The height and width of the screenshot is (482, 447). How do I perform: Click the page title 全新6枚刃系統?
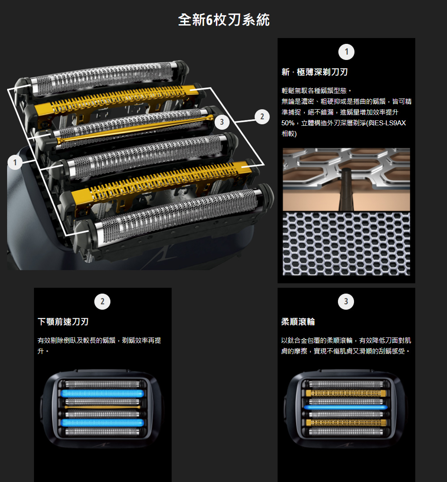[x=224, y=20]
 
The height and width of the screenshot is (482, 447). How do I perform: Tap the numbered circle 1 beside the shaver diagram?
[x=15, y=162]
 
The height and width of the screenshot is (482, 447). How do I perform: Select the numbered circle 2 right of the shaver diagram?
[x=262, y=117]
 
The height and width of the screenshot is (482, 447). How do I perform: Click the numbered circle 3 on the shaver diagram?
[x=222, y=122]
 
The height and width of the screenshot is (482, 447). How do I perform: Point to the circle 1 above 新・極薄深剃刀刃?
[x=346, y=52]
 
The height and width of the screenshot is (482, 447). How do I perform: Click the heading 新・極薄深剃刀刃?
[x=315, y=72]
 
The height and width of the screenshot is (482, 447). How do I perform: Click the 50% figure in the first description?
[x=288, y=123]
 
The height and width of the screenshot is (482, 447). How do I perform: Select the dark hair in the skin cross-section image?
[x=346, y=189]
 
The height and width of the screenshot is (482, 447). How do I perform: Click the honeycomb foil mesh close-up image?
[x=346, y=244]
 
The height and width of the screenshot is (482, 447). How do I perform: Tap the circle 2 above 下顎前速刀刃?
[x=102, y=302]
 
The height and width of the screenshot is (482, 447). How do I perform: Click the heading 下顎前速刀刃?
[x=63, y=322]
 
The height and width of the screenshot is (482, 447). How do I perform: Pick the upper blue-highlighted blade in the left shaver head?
[x=102, y=393]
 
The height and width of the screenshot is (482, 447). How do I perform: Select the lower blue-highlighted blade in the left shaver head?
[x=102, y=422]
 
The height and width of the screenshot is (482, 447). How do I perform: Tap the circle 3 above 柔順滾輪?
[x=346, y=302]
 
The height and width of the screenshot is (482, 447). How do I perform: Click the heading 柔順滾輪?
[x=298, y=322]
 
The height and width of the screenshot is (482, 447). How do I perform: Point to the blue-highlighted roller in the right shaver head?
[x=346, y=408]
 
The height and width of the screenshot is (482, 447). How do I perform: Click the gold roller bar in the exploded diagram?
[x=135, y=129]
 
